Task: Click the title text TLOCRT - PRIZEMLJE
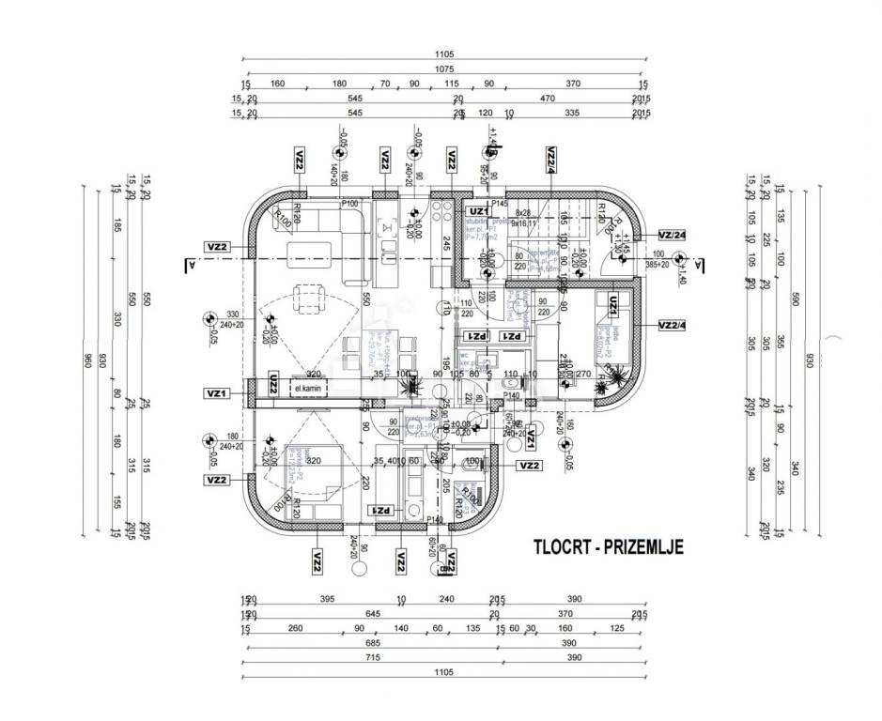click(608, 544)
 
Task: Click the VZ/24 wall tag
click(672, 235)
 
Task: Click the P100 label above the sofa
click(351, 203)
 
